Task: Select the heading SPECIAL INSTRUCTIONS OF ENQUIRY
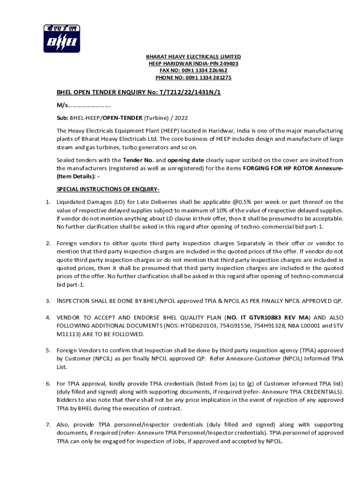[x=108, y=189]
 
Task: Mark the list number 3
[x=48, y=300]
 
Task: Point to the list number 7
[x=48, y=425]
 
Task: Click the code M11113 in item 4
[x=69, y=334]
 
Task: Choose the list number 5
[x=48, y=350]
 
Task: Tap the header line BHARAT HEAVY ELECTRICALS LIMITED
[x=193, y=57]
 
